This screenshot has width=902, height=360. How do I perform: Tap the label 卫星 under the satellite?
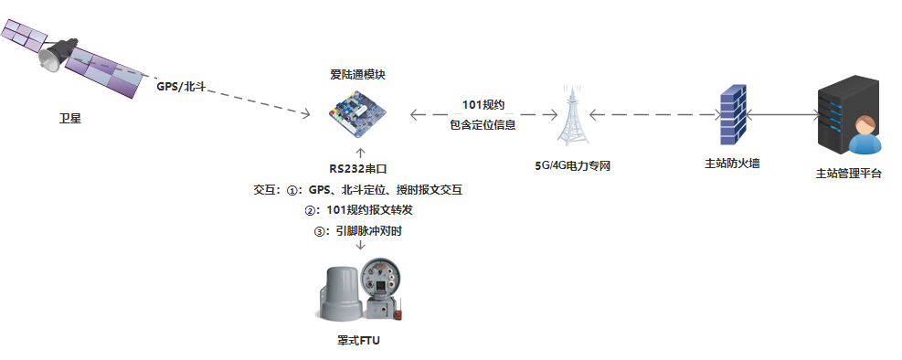pyautogui.click(x=70, y=118)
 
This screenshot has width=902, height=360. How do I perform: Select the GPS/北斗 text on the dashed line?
pyautogui.click(x=182, y=87)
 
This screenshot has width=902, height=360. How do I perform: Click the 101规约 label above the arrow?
pyautogui.click(x=483, y=103)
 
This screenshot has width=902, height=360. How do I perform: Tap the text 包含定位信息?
pyautogui.click(x=483, y=125)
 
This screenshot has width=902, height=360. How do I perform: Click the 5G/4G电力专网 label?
pyautogui.click(x=573, y=166)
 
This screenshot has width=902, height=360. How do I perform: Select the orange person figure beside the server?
pyautogui.click(x=864, y=137)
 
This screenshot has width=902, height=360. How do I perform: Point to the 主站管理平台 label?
pyautogui.click(x=848, y=173)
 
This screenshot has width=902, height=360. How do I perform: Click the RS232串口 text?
pyautogui.click(x=359, y=168)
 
